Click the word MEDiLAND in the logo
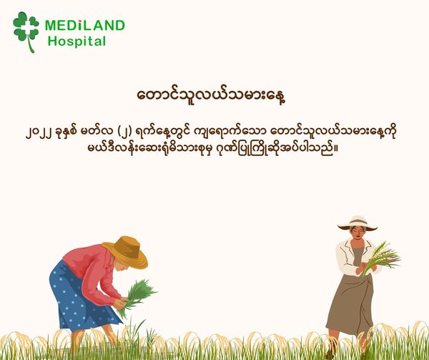[x=85, y=26]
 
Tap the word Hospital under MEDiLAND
[x=77, y=42]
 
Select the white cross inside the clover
[x=26, y=25]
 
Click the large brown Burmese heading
[x=212, y=95]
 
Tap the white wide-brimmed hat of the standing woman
[x=357, y=223]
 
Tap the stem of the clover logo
[x=31, y=46]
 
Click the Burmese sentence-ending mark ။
[x=336, y=149]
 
